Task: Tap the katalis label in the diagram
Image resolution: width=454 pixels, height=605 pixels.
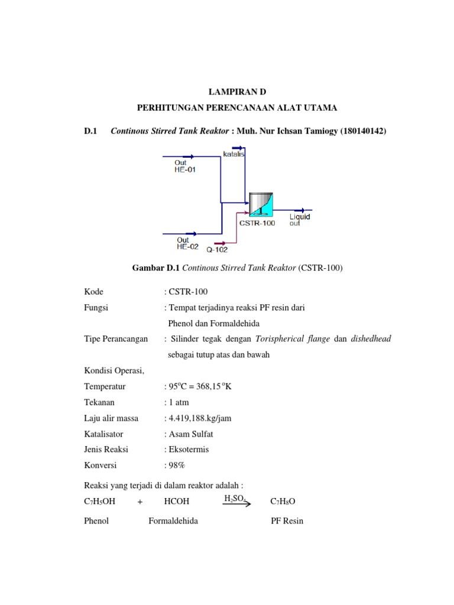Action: (234, 154)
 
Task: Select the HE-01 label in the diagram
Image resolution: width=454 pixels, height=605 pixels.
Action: (185, 169)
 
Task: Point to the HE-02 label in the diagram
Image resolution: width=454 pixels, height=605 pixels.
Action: (188, 246)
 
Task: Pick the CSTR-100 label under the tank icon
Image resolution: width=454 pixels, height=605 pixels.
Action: (257, 223)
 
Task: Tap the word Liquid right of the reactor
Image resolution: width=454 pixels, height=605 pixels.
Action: (300, 216)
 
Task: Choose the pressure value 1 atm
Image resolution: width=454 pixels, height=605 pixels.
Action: (179, 402)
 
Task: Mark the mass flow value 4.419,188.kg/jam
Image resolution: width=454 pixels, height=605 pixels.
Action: (199, 418)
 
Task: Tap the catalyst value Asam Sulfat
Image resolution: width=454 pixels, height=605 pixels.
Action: (190, 434)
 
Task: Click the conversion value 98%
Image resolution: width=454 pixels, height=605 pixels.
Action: (177, 465)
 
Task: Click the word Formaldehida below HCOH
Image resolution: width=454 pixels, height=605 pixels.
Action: (173, 522)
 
